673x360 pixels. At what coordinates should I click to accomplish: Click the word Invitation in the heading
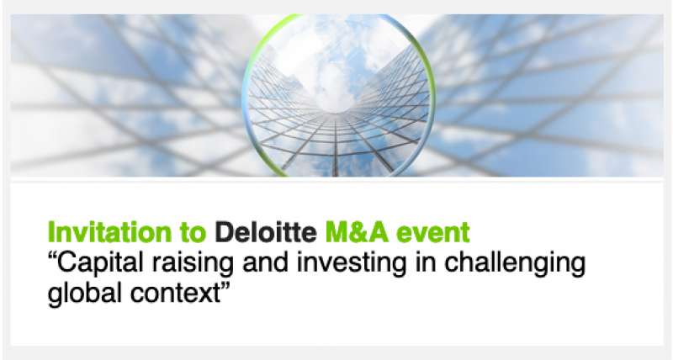pyautogui.click(x=109, y=232)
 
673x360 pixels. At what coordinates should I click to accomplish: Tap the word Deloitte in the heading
pyautogui.click(x=266, y=232)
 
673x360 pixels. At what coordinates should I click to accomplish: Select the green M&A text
pyautogui.click(x=357, y=232)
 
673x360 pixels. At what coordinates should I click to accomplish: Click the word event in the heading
pyautogui.click(x=432, y=233)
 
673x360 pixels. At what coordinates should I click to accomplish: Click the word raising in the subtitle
pyautogui.click(x=193, y=263)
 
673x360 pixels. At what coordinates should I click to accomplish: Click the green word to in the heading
pyautogui.click(x=193, y=233)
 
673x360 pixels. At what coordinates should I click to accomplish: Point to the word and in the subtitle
pyautogui.click(x=266, y=262)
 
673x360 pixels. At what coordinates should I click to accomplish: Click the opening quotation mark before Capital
pyautogui.click(x=52, y=257)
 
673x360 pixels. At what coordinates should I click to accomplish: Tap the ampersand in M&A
pyautogui.click(x=357, y=232)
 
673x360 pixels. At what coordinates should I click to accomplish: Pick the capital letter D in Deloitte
pyautogui.click(x=224, y=232)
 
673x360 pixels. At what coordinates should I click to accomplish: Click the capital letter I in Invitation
pyautogui.click(x=50, y=232)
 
